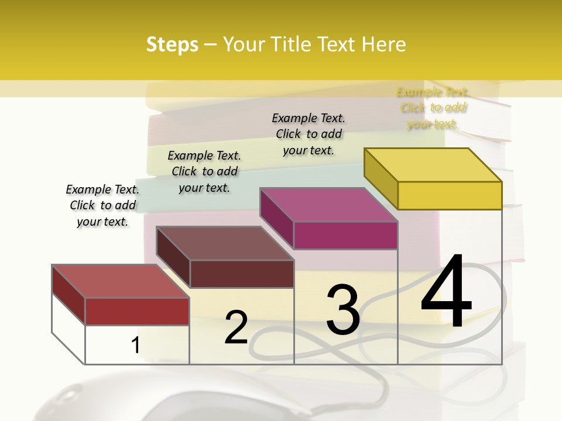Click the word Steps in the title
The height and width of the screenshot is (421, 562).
[172, 44]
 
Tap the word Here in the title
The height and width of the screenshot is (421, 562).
[384, 44]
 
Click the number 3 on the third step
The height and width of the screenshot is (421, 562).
[343, 309]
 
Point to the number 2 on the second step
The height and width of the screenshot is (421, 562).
[236, 327]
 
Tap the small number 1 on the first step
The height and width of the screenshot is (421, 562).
[136, 346]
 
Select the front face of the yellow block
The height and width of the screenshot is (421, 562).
[450, 195]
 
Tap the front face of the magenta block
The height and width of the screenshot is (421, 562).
[345, 235]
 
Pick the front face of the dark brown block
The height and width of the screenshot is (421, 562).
[242, 274]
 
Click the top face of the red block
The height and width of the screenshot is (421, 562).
[121, 281]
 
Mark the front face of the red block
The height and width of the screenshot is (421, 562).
[137, 311]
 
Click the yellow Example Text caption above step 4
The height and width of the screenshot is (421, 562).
[433, 108]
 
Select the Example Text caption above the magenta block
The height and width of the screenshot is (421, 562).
[309, 134]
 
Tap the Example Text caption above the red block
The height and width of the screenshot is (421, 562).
[102, 205]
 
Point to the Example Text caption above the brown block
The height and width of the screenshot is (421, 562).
[204, 171]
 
